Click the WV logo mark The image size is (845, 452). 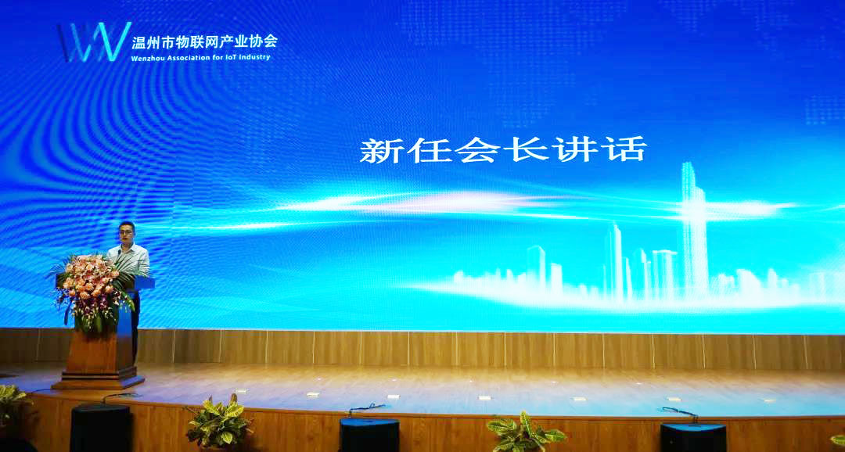pyautogui.click(x=95, y=41)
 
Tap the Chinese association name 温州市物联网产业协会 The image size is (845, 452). pyautogui.click(x=205, y=41)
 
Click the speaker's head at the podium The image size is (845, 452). pyautogui.click(x=127, y=233)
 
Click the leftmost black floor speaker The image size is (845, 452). pyautogui.click(x=101, y=429)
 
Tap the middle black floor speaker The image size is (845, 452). pyautogui.click(x=369, y=436)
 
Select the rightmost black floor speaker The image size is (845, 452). pyautogui.click(x=693, y=437)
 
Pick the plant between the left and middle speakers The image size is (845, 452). pyautogui.click(x=219, y=423)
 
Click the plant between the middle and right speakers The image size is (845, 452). pyautogui.click(x=526, y=432)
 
